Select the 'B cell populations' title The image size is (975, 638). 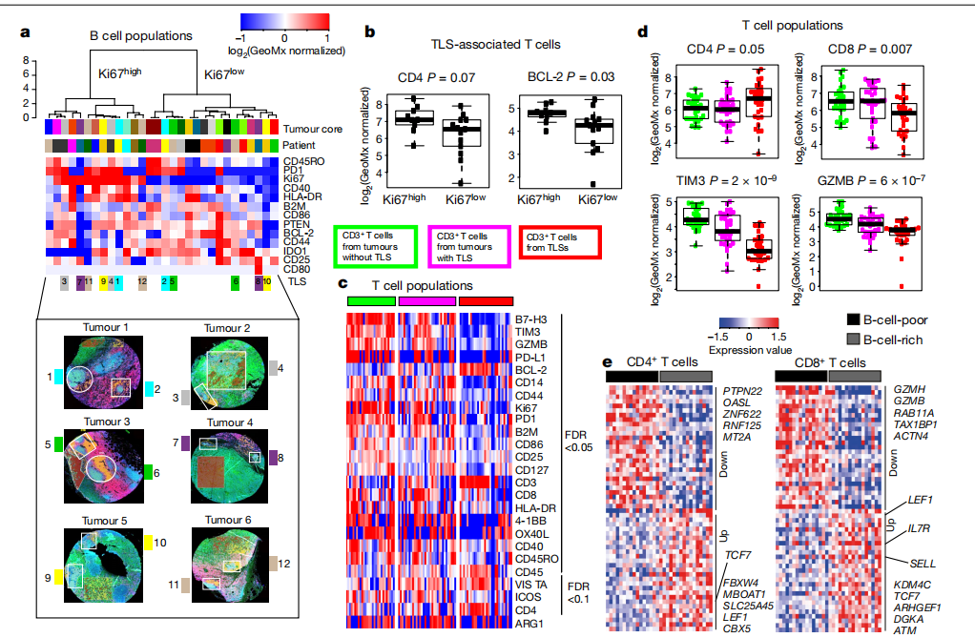(142, 36)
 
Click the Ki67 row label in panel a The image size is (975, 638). (293, 177)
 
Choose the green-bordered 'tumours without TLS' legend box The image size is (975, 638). (373, 247)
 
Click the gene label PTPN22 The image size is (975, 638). (744, 390)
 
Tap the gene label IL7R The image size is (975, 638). (920, 527)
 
